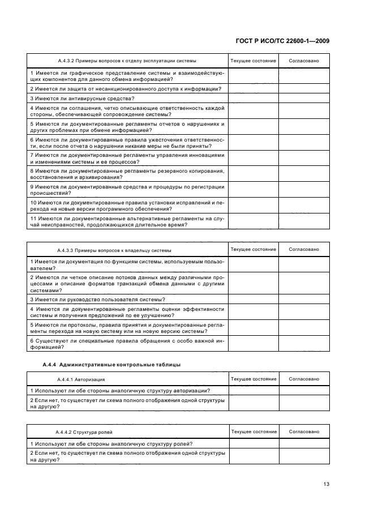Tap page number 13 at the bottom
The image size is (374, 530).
click(326, 484)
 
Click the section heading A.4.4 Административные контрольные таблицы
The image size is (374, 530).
click(111, 364)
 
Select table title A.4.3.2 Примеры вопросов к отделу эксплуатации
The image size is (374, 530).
click(127, 61)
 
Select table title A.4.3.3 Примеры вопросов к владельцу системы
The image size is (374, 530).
click(114, 250)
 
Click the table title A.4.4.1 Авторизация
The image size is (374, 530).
click(81, 379)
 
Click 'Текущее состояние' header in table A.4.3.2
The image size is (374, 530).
click(253, 61)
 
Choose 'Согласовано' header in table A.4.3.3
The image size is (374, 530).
click(304, 249)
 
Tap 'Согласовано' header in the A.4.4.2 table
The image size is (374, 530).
click(304, 431)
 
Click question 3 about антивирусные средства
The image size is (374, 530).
click(82, 98)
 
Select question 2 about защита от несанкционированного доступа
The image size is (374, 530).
click(125, 88)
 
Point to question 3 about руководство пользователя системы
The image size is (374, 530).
click(97, 299)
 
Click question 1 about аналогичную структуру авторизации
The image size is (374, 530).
click(120, 390)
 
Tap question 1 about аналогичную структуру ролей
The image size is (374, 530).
click(111, 443)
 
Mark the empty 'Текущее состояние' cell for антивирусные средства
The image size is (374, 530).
click(253, 98)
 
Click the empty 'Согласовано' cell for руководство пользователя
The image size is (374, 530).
click(304, 299)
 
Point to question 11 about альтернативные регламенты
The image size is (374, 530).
click(127, 221)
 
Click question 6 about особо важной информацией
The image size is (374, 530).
click(127, 343)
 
